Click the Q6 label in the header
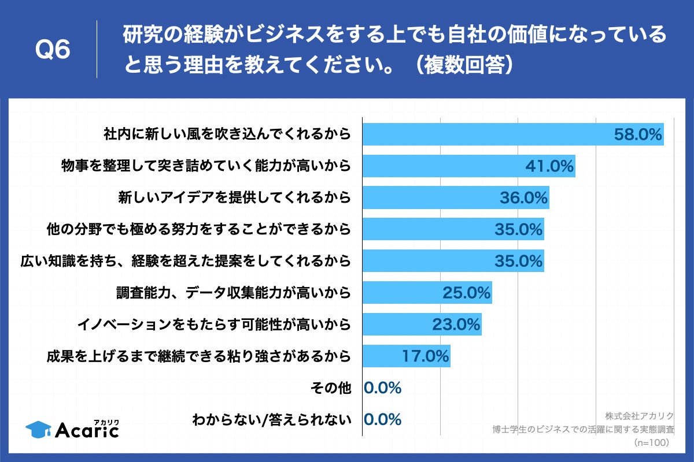click(53, 50)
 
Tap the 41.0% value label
click(549, 166)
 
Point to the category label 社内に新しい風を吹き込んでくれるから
click(227, 135)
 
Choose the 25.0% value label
click(467, 293)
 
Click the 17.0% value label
click(426, 356)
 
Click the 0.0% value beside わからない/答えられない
click(383, 419)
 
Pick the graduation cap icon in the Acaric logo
click(39, 429)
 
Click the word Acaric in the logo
click(87, 430)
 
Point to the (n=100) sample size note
click(651, 442)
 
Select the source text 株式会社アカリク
click(640, 416)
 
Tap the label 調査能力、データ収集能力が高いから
click(234, 293)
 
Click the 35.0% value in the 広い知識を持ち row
click(519, 261)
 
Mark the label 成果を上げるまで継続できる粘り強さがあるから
click(198, 356)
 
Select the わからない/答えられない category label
click(272, 420)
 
